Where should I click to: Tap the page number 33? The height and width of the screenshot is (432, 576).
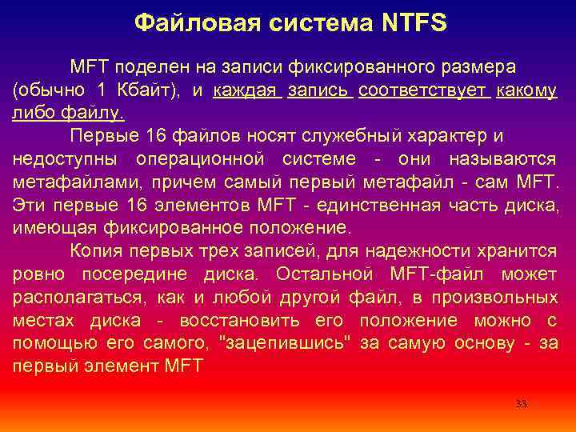coord(522,404)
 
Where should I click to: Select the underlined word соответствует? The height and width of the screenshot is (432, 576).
coord(424,90)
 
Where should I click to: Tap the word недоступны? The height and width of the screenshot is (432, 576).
coord(63,159)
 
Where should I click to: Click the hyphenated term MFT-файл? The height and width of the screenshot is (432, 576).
coord(439,274)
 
